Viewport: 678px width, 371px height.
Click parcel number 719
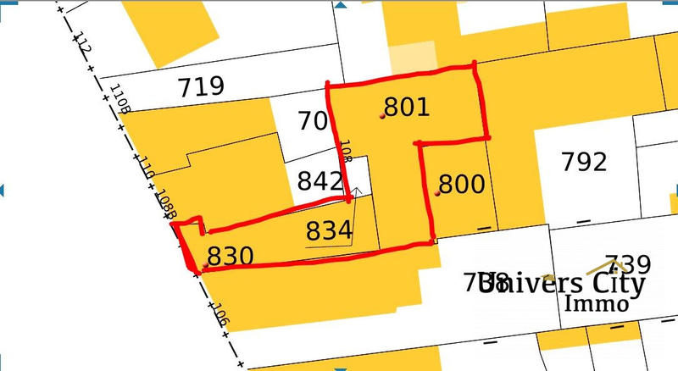tap(201, 86)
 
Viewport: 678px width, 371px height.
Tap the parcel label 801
tap(407, 108)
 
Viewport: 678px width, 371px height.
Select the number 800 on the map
tap(462, 185)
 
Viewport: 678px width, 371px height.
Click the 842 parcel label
tap(320, 181)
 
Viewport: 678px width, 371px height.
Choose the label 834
tap(330, 230)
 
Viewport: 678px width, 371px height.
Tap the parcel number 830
tap(231, 257)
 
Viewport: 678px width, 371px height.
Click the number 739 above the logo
tap(627, 264)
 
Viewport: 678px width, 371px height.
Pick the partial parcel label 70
tap(312, 122)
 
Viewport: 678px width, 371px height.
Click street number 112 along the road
tap(82, 44)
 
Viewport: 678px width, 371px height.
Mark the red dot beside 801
tap(382, 116)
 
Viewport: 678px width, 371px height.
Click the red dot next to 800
tap(437, 194)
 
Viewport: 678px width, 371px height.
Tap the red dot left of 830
tap(206, 266)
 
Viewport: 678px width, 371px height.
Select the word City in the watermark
tap(613, 283)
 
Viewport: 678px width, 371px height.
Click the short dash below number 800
tap(484, 228)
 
